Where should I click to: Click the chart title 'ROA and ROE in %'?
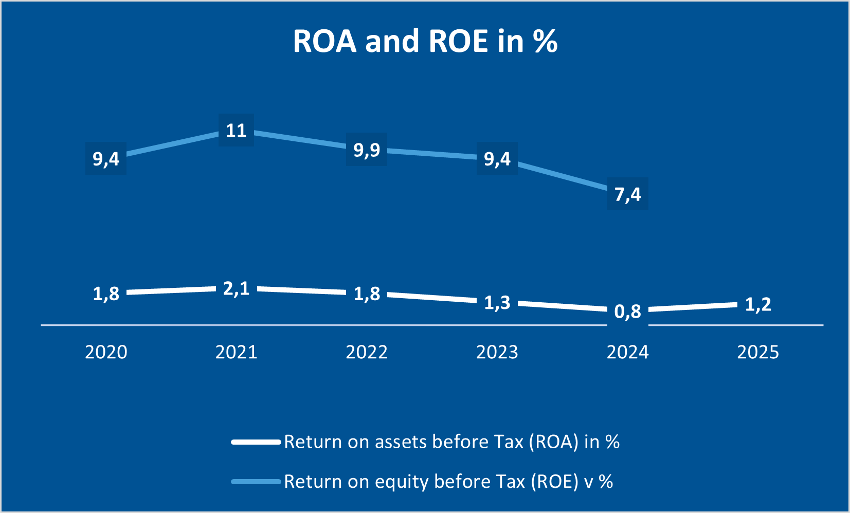click(x=425, y=41)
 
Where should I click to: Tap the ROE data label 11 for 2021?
click(x=236, y=130)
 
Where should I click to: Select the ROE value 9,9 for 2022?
click(x=367, y=150)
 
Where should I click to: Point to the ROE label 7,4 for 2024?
click(x=628, y=194)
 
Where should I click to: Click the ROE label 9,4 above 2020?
click(x=106, y=159)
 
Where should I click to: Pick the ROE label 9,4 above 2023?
click(x=497, y=159)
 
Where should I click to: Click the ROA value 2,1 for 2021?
click(x=236, y=288)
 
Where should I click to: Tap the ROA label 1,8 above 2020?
click(x=106, y=294)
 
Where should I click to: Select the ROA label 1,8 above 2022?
click(x=367, y=294)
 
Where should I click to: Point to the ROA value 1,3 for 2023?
click(x=497, y=302)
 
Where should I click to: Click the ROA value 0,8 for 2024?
click(x=628, y=311)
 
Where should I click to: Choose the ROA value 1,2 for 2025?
click(x=758, y=304)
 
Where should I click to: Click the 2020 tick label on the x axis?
click(x=106, y=352)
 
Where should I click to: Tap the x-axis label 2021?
click(x=236, y=352)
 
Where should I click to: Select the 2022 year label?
click(x=367, y=352)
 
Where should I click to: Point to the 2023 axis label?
click(x=497, y=352)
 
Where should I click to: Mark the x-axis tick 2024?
click(x=628, y=352)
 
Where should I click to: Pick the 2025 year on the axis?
click(x=758, y=352)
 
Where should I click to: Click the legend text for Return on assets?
click(x=451, y=442)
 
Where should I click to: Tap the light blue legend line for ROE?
click(x=256, y=482)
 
